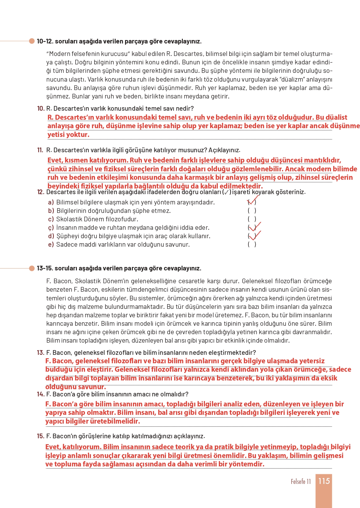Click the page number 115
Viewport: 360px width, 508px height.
[x=324, y=481]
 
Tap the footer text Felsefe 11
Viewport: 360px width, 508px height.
[x=301, y=481]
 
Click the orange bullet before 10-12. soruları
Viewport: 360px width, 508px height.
[x=32, y=41]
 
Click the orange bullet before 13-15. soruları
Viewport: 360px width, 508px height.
[x=32, y=268]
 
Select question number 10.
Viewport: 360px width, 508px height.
[x=41, y=108]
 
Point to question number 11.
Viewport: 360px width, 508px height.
[x=40, y=150]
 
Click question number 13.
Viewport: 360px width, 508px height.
[x=40, y=353]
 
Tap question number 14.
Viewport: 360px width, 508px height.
[x=40, y=394]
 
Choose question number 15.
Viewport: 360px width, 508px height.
[x=40, y=436]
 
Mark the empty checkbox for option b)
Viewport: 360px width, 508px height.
[x=252, y=211]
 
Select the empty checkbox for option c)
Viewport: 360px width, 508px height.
[x=252, y=219]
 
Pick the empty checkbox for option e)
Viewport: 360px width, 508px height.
[x=252, y=244]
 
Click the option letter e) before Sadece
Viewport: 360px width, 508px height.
[x=51, y=244]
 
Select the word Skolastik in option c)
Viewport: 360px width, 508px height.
[x=67, y=219]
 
